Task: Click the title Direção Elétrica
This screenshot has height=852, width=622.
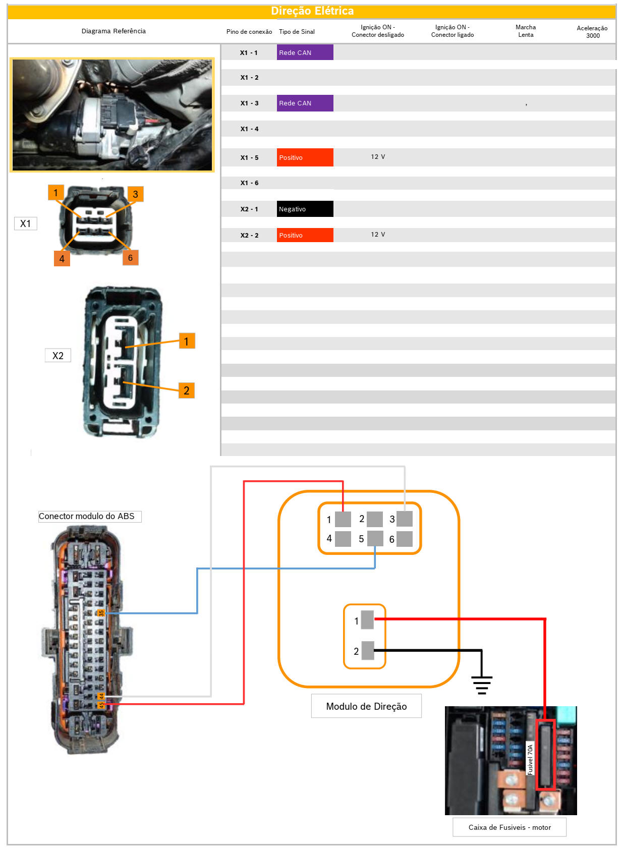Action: [x=312, y=11]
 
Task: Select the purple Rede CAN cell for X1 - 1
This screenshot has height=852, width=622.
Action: [x=305, y=52]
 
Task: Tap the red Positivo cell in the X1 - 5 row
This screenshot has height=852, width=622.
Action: [x=305, y=157]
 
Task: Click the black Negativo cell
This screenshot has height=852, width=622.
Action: [x=305, y=209]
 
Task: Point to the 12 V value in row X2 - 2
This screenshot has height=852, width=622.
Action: [x=377, y=235]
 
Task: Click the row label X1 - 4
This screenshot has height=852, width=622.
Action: [x=249, y=129]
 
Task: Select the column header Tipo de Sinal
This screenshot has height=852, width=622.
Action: [x=297, y=32]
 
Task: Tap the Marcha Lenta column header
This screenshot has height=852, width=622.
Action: [x=525, y=31]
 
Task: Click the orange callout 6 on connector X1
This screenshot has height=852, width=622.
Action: [x=130, y=258]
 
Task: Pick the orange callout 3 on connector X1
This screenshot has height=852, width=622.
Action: [x=135, y=194]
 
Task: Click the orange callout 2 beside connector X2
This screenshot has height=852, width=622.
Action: [x=186, y=390]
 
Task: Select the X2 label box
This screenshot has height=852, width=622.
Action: [x=58, y=356]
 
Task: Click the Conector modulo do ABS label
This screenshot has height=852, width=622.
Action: [x=89, y=516]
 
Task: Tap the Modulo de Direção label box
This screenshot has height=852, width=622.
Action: [x=366, y=706]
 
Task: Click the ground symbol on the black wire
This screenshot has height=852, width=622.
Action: [x=481, y=685]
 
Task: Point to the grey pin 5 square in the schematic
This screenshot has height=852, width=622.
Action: [x=375, y=538]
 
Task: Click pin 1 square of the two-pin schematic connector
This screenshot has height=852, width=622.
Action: [x=367, y=620]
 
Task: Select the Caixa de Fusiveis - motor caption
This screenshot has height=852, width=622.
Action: [x=509, y=827]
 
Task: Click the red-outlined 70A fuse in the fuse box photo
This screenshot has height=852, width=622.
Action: [x=545, y=755]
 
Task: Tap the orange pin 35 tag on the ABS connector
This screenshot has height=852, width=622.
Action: [x=101, y=613]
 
